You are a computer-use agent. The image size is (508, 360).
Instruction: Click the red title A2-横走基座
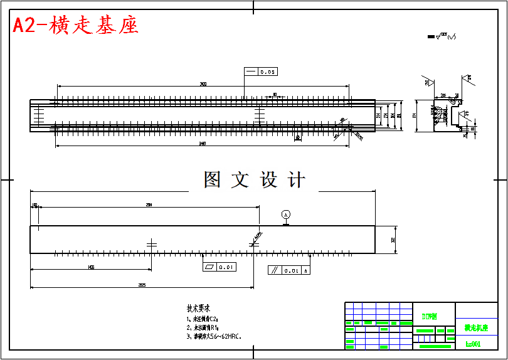pos(75,25)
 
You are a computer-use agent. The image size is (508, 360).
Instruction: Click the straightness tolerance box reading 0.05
pos(262,71)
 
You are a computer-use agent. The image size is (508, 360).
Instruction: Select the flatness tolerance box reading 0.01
pos(220,267)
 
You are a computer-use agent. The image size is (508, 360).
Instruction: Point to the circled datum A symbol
pos(286,214)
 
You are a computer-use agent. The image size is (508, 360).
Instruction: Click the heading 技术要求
pos(198,309)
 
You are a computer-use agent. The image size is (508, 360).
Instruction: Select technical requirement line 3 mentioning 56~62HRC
pos(214,336)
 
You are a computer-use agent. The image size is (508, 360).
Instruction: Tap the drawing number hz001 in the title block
pos(473,344)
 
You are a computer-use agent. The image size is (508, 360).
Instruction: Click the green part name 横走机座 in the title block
pos(476,327)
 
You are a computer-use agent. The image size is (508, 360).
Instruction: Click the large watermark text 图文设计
pos(254,181)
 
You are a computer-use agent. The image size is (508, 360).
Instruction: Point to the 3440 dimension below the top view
pos(202,144)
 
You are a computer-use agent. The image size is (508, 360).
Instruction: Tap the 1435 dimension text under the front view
pos(91,267)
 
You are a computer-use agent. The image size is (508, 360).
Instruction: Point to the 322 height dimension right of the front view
pos(393,240)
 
